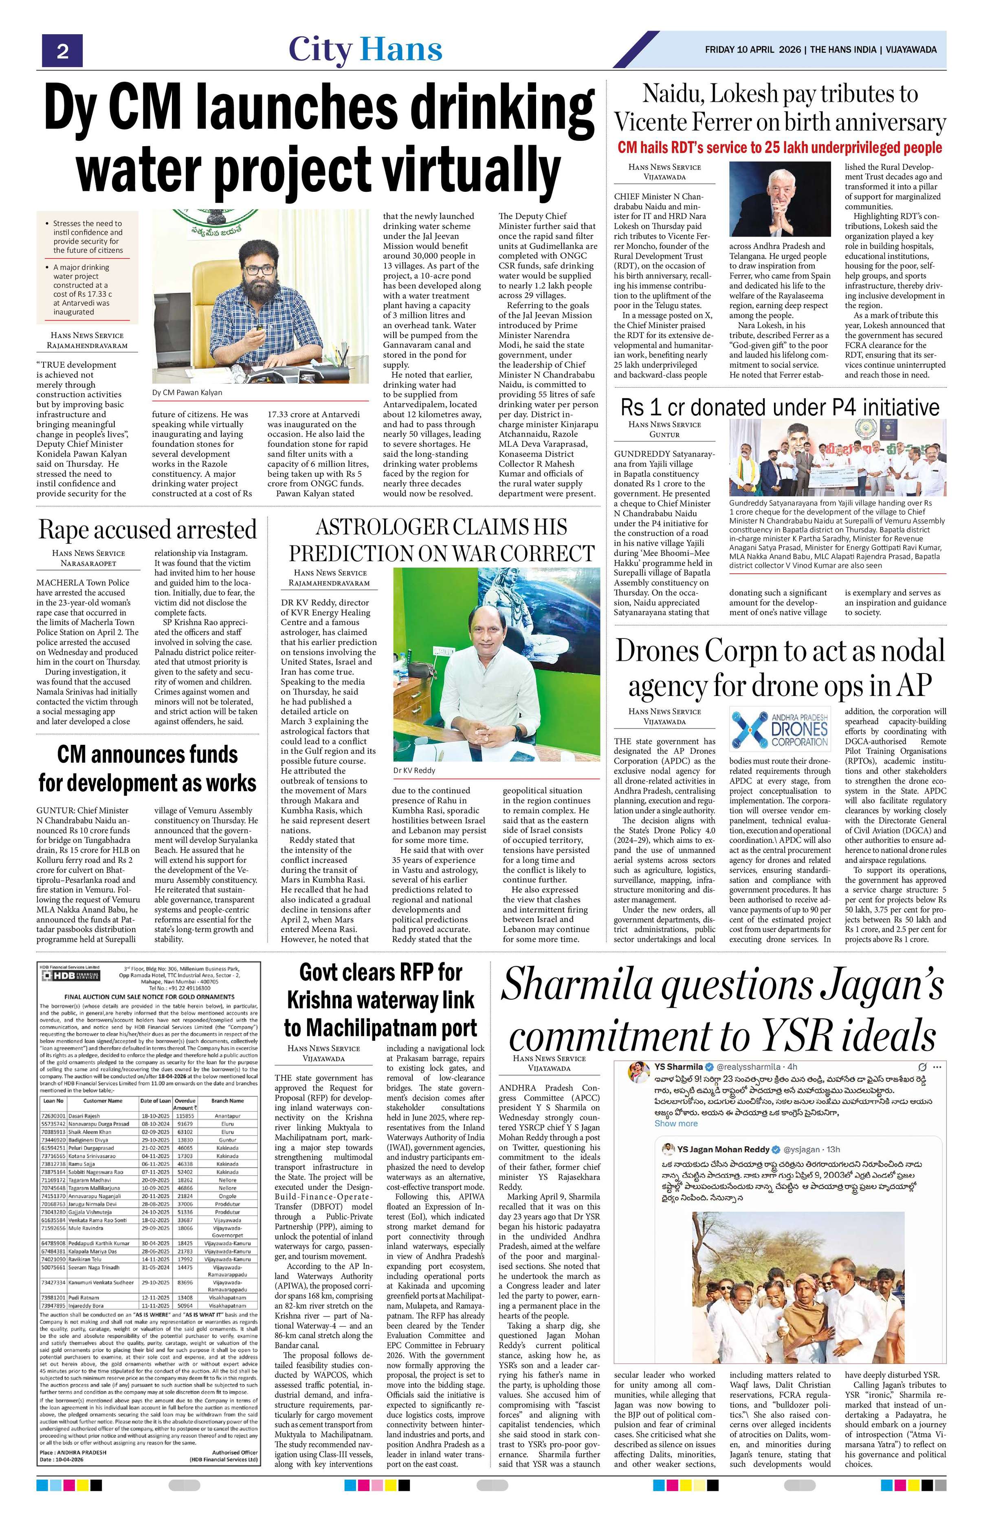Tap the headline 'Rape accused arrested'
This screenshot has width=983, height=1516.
(x=147, y=530)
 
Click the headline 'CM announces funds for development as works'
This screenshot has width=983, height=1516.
(x=147, y=768)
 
